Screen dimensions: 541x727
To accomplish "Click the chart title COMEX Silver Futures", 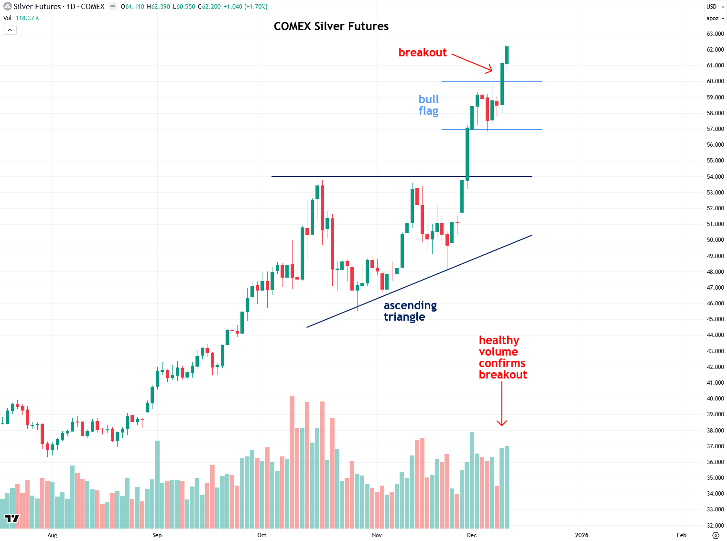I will [x=331, y=26].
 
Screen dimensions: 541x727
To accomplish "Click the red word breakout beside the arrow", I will [x=423, y=53].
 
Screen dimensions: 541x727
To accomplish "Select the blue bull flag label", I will [x=428, y=105].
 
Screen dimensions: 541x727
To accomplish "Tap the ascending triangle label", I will [x=410, y=311].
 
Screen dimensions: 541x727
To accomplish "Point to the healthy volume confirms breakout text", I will [x=502, y=357].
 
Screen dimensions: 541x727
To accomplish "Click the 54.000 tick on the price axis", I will [x=715, y=177].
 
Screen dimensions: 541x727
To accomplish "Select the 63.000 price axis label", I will [x=715, y=34].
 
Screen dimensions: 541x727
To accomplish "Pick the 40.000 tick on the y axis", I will [x=715, y=399].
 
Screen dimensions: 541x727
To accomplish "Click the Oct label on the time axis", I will [x=262, y=535].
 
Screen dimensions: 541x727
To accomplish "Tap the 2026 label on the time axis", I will [x=582, y=535].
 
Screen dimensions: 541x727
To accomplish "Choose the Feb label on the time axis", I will [x=682, y=535].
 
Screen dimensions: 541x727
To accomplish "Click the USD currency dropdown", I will [x=715, y=7].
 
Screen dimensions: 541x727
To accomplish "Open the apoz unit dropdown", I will [x=715, y=18].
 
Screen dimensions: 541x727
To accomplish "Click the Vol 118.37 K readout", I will [x=22, y=18].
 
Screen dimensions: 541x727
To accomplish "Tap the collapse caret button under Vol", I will [x=10, y=30].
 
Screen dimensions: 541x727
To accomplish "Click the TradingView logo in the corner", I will [x=12, y=519].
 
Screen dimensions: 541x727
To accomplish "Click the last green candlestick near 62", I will [x=507, y=55].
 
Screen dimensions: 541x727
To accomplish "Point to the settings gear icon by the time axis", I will [x=716, y=535].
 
